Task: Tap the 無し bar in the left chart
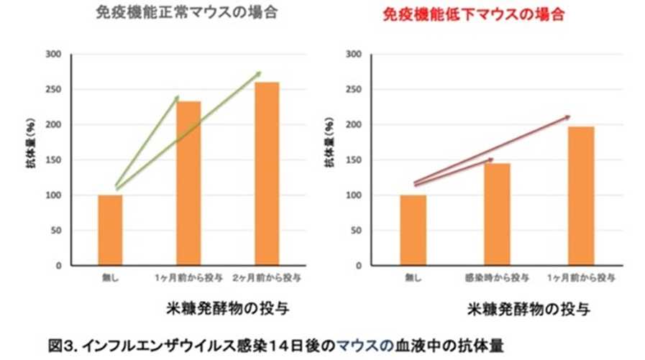110,230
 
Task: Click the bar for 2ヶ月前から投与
267,174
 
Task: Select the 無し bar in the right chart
414,230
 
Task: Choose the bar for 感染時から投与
498,214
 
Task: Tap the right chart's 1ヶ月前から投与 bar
581,196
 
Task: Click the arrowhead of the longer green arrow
258,73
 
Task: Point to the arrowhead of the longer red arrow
567,116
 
